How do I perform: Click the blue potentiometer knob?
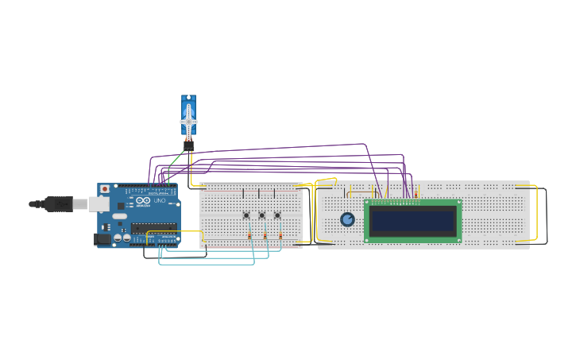coord(347,219)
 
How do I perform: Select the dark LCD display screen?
coord(412,220)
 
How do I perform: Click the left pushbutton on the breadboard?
coord(246,215)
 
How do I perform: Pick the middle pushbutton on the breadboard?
coord(261,215)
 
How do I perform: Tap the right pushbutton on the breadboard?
coord(277,215)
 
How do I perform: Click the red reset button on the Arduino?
coord(104,189)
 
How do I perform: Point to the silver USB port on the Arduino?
coord(99,204)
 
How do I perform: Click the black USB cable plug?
coord(58,204)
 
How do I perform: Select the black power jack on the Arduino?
coord(102,238)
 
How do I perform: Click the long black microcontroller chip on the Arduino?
coord(154,227)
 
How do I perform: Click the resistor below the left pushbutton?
coord(249,235)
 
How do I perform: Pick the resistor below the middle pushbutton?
coord(265,235)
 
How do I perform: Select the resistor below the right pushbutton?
coord(280,235)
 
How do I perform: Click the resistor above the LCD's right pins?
coord(416,193)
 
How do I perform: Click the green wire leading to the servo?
coord(176,160)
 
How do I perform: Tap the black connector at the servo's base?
coord(188,146)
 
